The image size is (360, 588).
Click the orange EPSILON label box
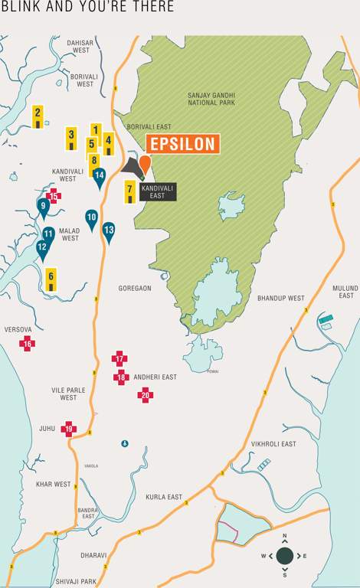182,144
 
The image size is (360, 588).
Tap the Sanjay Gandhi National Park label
211,100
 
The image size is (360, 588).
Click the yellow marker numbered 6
51,279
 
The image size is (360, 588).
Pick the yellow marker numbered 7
130,191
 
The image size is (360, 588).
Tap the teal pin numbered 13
109,231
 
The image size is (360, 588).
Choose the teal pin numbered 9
43,207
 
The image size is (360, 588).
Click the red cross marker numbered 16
28,343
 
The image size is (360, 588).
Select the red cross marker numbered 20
146,395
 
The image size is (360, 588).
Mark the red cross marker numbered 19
69,429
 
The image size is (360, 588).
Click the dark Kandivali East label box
159,191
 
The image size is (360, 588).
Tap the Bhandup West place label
280,298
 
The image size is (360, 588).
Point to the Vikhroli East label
273,443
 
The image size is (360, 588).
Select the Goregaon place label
135,289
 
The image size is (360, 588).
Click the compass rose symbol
284,555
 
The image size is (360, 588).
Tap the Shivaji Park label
75,582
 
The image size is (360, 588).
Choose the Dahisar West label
80,47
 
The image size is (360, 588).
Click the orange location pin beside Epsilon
144,163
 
